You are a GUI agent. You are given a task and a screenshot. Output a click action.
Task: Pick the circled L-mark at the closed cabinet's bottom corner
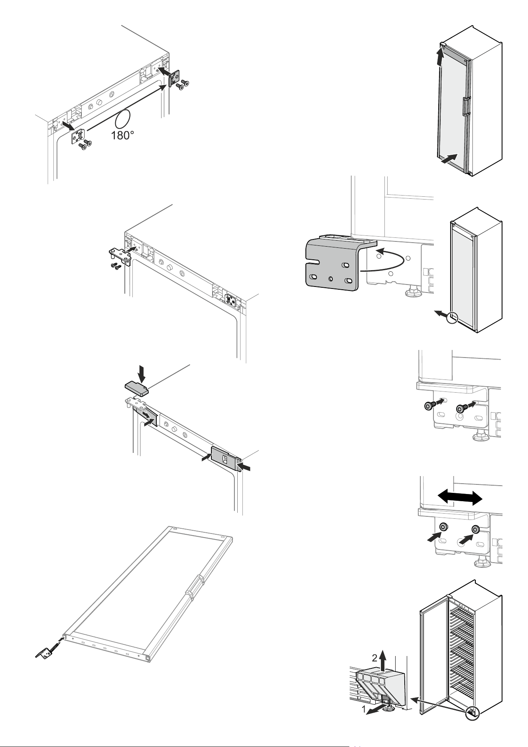pos(452,318)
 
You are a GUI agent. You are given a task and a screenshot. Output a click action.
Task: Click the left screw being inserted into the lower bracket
pos(429,406)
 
